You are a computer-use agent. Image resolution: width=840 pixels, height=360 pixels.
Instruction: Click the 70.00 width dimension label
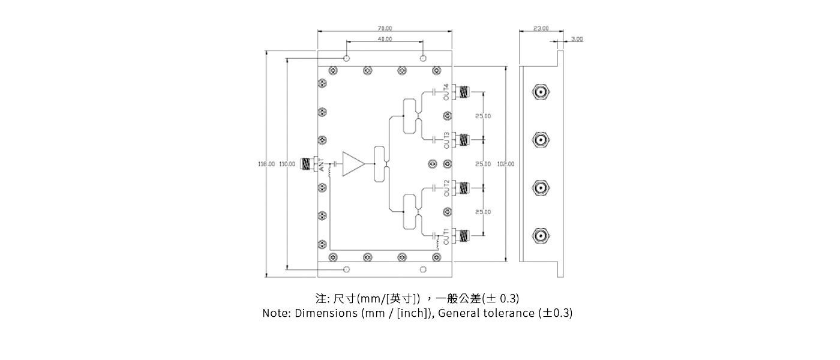(385, 28)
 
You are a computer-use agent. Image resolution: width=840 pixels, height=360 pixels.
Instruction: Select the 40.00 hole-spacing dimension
(385, 39)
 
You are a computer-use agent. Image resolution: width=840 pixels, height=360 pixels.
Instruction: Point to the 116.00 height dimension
(266, 164)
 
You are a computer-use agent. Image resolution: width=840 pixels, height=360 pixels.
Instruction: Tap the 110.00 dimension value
(287, 164)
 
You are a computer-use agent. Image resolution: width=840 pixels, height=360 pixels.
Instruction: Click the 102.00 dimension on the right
(506, 164)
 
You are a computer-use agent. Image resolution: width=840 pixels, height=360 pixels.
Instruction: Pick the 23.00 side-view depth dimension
(541, 28)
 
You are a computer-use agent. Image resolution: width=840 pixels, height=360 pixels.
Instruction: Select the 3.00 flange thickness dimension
(577, 39)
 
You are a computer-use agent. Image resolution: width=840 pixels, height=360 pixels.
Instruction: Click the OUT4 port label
(446, 93)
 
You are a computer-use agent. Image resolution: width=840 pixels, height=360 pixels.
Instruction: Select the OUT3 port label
(446, 140)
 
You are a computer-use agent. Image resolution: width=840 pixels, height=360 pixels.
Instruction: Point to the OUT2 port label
(446, 188)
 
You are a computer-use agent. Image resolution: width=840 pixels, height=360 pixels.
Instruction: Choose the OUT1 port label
(446, 236)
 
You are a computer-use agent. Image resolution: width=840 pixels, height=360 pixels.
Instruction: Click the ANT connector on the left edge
(307, 163)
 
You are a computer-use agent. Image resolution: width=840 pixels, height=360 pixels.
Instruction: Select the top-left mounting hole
(347, 58)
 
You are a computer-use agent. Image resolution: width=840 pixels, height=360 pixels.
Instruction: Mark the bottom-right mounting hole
(423, 268)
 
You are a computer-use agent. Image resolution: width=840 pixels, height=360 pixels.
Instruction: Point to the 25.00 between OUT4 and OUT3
(483, 116)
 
